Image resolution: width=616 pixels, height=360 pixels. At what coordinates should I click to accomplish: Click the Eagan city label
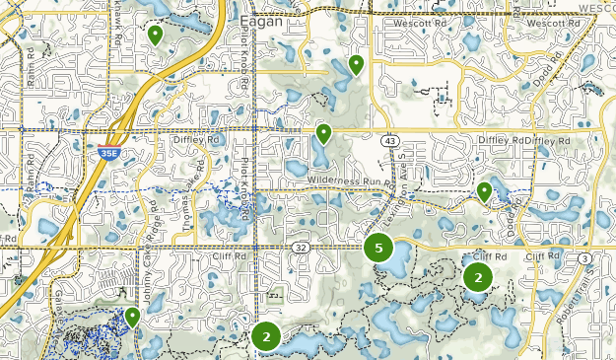click(260, 20)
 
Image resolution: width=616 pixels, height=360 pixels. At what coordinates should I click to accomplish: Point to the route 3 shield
click(584, 258)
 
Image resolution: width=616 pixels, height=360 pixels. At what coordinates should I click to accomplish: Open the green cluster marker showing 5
click(378, 248)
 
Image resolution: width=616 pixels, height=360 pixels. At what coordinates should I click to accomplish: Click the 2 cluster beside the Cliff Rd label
click(478, 277)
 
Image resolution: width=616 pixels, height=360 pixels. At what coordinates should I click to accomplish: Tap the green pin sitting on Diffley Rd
click(323, 133)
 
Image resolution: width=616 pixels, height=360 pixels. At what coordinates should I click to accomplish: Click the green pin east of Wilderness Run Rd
click(484, 190)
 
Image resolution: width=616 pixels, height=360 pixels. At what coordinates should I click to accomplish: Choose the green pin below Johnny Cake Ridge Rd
click(132, 317)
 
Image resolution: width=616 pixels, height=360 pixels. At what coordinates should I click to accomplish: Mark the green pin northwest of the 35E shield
click(155, 35)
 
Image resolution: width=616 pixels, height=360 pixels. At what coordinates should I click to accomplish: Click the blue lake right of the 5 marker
click(398, 262)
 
